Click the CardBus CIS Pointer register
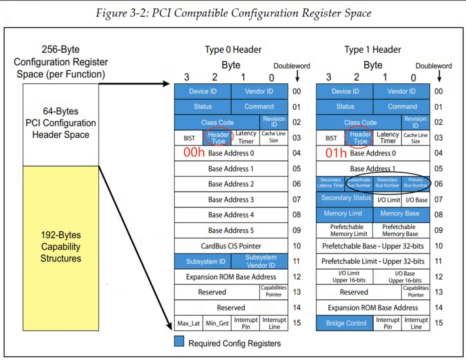point(231,246)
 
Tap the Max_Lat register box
point(188,323)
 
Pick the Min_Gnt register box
point(217,323)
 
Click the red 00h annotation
point(194,152)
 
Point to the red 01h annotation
point(336,153)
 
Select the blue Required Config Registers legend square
point(179,341)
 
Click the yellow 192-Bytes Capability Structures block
point(61,248)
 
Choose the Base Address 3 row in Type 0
point(231,199)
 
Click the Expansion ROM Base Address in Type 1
point(373,307)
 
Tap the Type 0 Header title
point(233,50)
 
